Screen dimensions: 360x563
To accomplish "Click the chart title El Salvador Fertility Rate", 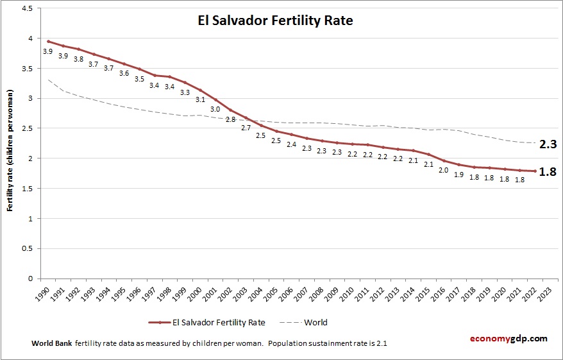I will pos(275,21).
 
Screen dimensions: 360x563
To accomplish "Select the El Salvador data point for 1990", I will pos(48,41).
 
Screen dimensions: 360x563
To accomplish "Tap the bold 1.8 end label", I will pos(548,172).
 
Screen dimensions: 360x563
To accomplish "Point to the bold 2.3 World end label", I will pos(548,144).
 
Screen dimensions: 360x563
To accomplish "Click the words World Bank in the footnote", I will pos(51,343).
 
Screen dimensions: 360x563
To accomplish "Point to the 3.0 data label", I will pos(215,109).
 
